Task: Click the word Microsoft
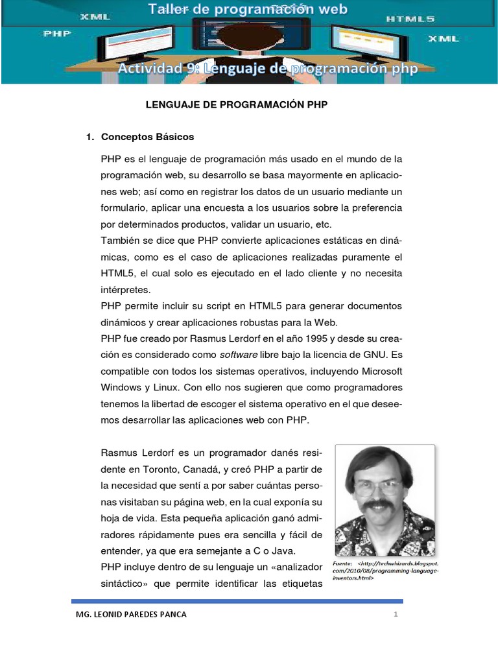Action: [x=377, y=371]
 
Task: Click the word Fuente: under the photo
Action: [x=342, y=563]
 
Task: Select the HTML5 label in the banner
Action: [x=410, y=19]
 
